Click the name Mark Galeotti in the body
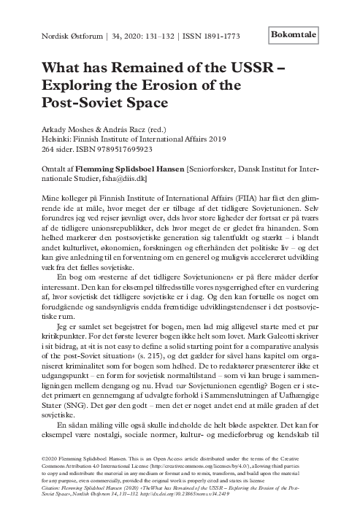pos(267,299)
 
